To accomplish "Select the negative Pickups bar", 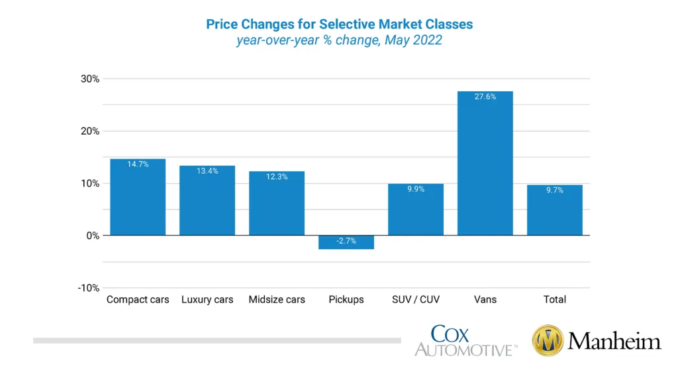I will [x=346, y=243].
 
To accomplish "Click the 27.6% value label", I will [x=485, y=96].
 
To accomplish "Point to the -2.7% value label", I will [x=346, y=241].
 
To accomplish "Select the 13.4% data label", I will [x=207, y=171].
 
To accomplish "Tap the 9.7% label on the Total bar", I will [x=554, y=190].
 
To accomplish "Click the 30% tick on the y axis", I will [x=91, y=79].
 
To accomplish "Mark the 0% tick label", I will [x=93, y=236].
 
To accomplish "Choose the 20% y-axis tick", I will [x=91, y=131].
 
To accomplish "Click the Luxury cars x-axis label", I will [x=207, y=299].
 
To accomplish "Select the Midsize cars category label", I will [x=277, y=299].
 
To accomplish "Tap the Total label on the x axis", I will [x=554, y=299].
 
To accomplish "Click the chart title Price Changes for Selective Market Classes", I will [x=339, y=24].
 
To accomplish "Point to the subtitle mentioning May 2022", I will [x=339, y=40].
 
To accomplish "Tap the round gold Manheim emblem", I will [x=548, y=341].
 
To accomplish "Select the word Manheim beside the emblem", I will [x=614, y=342].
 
